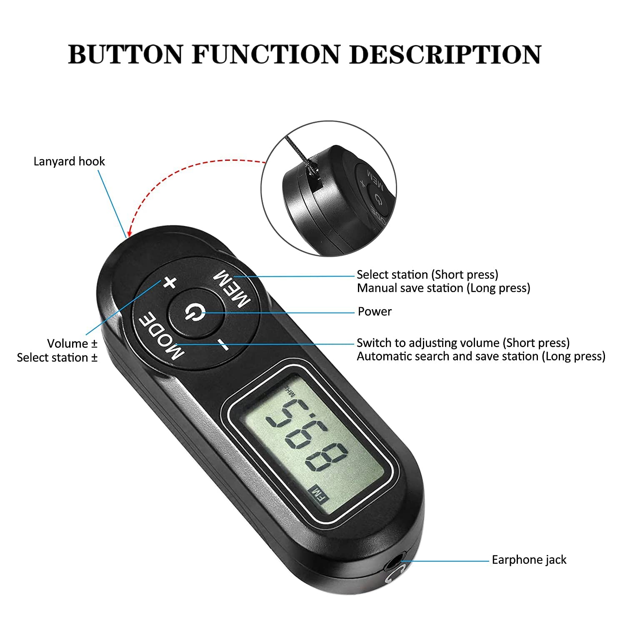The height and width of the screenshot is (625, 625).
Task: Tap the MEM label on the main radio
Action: pos(232,288)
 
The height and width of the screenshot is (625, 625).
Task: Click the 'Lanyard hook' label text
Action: pos(69,162)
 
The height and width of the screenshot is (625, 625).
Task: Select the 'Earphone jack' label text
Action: pos(529,560)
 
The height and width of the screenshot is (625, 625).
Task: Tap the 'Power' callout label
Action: pos(375,311)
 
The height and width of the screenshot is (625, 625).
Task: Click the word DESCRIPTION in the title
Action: pos(445,54)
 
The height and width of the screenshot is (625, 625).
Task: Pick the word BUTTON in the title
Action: pos(125,54)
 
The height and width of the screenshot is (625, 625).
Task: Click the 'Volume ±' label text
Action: pos(72,343)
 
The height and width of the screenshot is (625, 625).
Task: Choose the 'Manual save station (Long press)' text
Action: pos(443,288)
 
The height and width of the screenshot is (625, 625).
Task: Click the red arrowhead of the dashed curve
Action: pos(130,232)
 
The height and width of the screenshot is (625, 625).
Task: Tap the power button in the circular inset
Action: pos(377,199)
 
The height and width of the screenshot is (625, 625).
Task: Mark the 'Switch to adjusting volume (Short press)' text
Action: pos(463,343)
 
